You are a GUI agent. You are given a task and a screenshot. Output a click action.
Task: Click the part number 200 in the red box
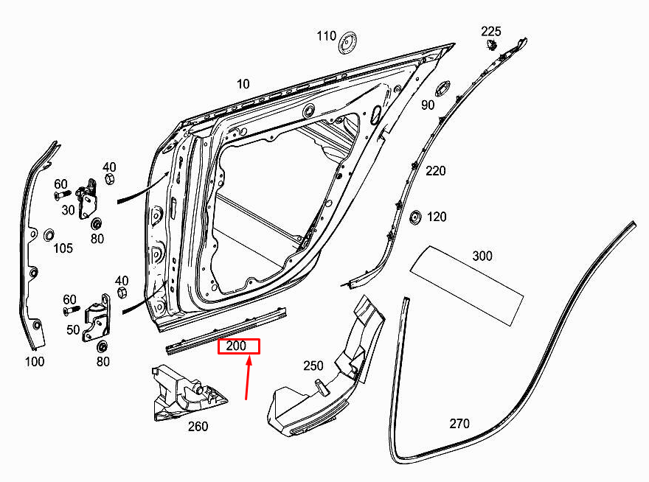tap(238, 346)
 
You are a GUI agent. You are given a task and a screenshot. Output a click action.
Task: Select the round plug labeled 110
tap(348, 43)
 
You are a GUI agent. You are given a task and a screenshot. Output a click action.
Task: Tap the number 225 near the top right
tap(491, 31)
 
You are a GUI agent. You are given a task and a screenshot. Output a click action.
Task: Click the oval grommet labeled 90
tap(442, 88)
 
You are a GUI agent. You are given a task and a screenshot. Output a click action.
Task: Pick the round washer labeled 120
tap(414, 217)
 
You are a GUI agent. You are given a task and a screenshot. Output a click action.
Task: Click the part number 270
tap(459, 424)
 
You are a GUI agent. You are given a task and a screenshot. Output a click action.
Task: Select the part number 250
tap(313, 366)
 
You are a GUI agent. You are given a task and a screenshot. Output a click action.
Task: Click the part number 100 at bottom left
tap(34, 361)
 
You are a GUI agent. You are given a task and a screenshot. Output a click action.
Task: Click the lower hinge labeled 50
tap(98, 318)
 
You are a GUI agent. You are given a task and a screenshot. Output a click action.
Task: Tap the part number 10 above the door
tap(243, 84)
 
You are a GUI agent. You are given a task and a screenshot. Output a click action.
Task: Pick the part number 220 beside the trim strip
tap(436, 171)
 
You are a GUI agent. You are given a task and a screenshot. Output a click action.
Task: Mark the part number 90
tap(428, 105)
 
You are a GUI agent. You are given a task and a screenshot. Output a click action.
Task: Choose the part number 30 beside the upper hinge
tap(68, 210)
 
